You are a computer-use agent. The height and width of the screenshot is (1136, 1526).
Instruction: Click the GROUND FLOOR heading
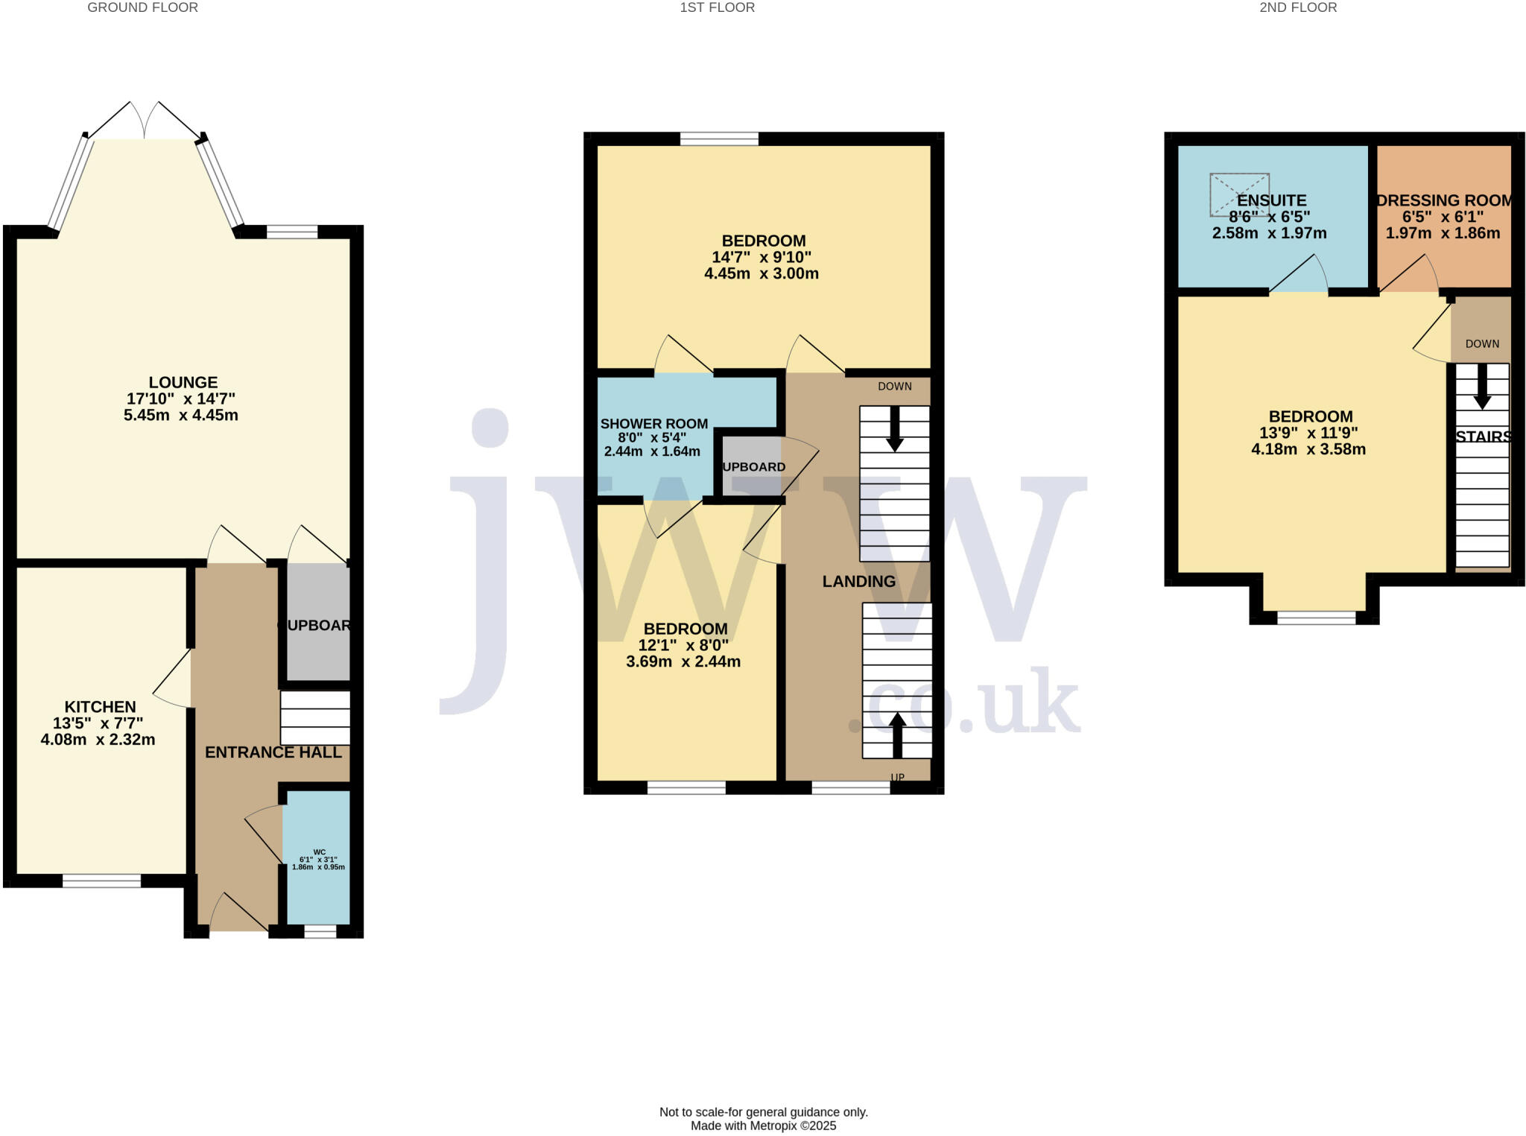pyautogui.click(x=142, y=8)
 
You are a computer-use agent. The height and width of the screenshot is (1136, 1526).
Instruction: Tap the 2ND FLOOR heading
pyautogui.click(x=1298, y=8)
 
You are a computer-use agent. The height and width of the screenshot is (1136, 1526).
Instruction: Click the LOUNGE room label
pyautogui.click(x=183, y=382)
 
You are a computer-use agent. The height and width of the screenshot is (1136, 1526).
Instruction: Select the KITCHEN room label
pyautogui.click(x=100, y=707)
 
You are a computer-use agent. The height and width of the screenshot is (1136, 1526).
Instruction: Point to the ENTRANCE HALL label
pyautogui.click(x=273, y=752)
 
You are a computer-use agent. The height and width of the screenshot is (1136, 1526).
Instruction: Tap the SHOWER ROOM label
pyautogui.click(x=653, y=424)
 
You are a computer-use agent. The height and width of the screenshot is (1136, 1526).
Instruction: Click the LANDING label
pyautogui.click(x=858, y=581)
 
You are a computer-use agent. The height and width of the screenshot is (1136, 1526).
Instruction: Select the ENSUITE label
pyautogui.click(x=1271, y=200)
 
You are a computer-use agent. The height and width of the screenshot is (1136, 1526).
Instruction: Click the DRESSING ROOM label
pyautogui.click(x=1443, y=200)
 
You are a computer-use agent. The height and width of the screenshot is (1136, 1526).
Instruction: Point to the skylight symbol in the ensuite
pyautogui.click(x=1238, y=194)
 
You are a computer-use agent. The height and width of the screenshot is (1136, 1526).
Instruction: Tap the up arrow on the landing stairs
pyautogui.click(x=897, y=734)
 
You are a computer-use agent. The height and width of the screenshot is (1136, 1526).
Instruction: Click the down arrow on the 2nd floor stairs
pyautogui.click(x=1481, y=387)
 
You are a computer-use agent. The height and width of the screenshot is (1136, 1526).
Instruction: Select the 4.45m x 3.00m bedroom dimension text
pyautogui.click(x=761, y=273)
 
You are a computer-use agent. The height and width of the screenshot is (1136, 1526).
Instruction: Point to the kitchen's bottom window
pyautogui.click(x=101, y=880)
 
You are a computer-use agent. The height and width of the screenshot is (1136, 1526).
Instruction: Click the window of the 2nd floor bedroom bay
pyautogui.click(x=1316, y=618)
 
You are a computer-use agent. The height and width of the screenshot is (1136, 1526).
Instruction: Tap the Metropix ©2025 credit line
pyautogui.click(x=763, y=1126)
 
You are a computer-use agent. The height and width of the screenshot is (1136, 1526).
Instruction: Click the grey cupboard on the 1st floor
pyautogui.click(x=751, y=465)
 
